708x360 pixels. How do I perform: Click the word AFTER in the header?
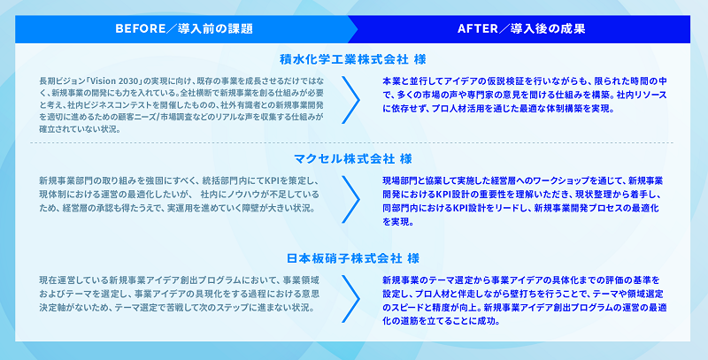477,29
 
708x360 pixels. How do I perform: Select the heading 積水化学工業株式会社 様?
352,59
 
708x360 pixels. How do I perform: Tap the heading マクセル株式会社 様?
352,159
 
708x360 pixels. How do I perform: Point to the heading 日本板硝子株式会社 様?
352,258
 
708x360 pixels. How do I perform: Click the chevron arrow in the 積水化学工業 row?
350,100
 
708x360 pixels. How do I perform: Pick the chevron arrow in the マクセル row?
350,199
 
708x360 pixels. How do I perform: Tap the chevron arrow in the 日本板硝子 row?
350,299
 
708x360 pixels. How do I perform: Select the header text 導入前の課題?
215,29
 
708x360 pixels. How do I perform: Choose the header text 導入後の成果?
548,29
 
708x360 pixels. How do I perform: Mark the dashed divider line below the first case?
351,142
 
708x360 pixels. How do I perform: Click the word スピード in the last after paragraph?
409,308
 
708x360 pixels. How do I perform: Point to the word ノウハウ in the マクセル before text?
241,195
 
